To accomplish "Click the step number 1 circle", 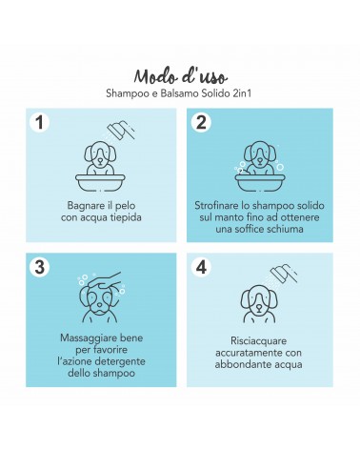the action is pos(39,122).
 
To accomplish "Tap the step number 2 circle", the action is pos(201,122).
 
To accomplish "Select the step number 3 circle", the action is pos(39,267).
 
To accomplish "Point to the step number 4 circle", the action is pos(201,267).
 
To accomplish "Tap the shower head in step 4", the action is pos(283,273).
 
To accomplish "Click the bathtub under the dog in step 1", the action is pos(100,183).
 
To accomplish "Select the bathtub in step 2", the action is pos(260,183).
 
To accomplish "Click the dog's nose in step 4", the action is pos(259,308).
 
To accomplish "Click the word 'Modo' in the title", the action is pos(153,77).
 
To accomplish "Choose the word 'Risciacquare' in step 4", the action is pos(259,341).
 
